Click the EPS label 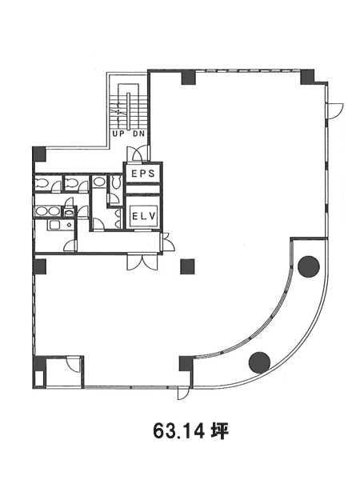142,174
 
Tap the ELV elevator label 144,216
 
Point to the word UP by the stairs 118,134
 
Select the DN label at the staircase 138,134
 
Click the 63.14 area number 178,432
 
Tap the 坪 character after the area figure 219,432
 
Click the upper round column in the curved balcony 309,266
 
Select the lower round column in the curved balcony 259,362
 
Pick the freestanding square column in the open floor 187,266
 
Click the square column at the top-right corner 307,77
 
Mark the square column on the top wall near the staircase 189,77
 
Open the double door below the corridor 142,262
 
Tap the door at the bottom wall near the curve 183,393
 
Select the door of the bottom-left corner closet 74,364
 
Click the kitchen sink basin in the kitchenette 54,225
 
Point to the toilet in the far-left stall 42,183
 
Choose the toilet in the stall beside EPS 116,182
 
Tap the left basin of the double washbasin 40,211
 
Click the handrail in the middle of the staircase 129,110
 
